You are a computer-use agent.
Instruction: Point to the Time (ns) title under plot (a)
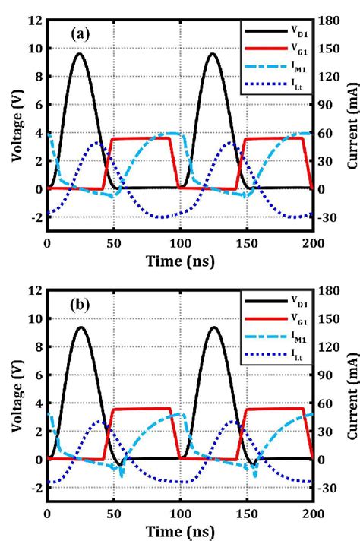(x=180, y=261)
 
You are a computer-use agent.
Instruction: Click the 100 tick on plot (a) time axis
(x=180, y=242)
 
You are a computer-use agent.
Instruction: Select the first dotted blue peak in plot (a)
(x=96, y=142)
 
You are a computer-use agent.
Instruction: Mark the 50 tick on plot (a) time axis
(x=113, y=242)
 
